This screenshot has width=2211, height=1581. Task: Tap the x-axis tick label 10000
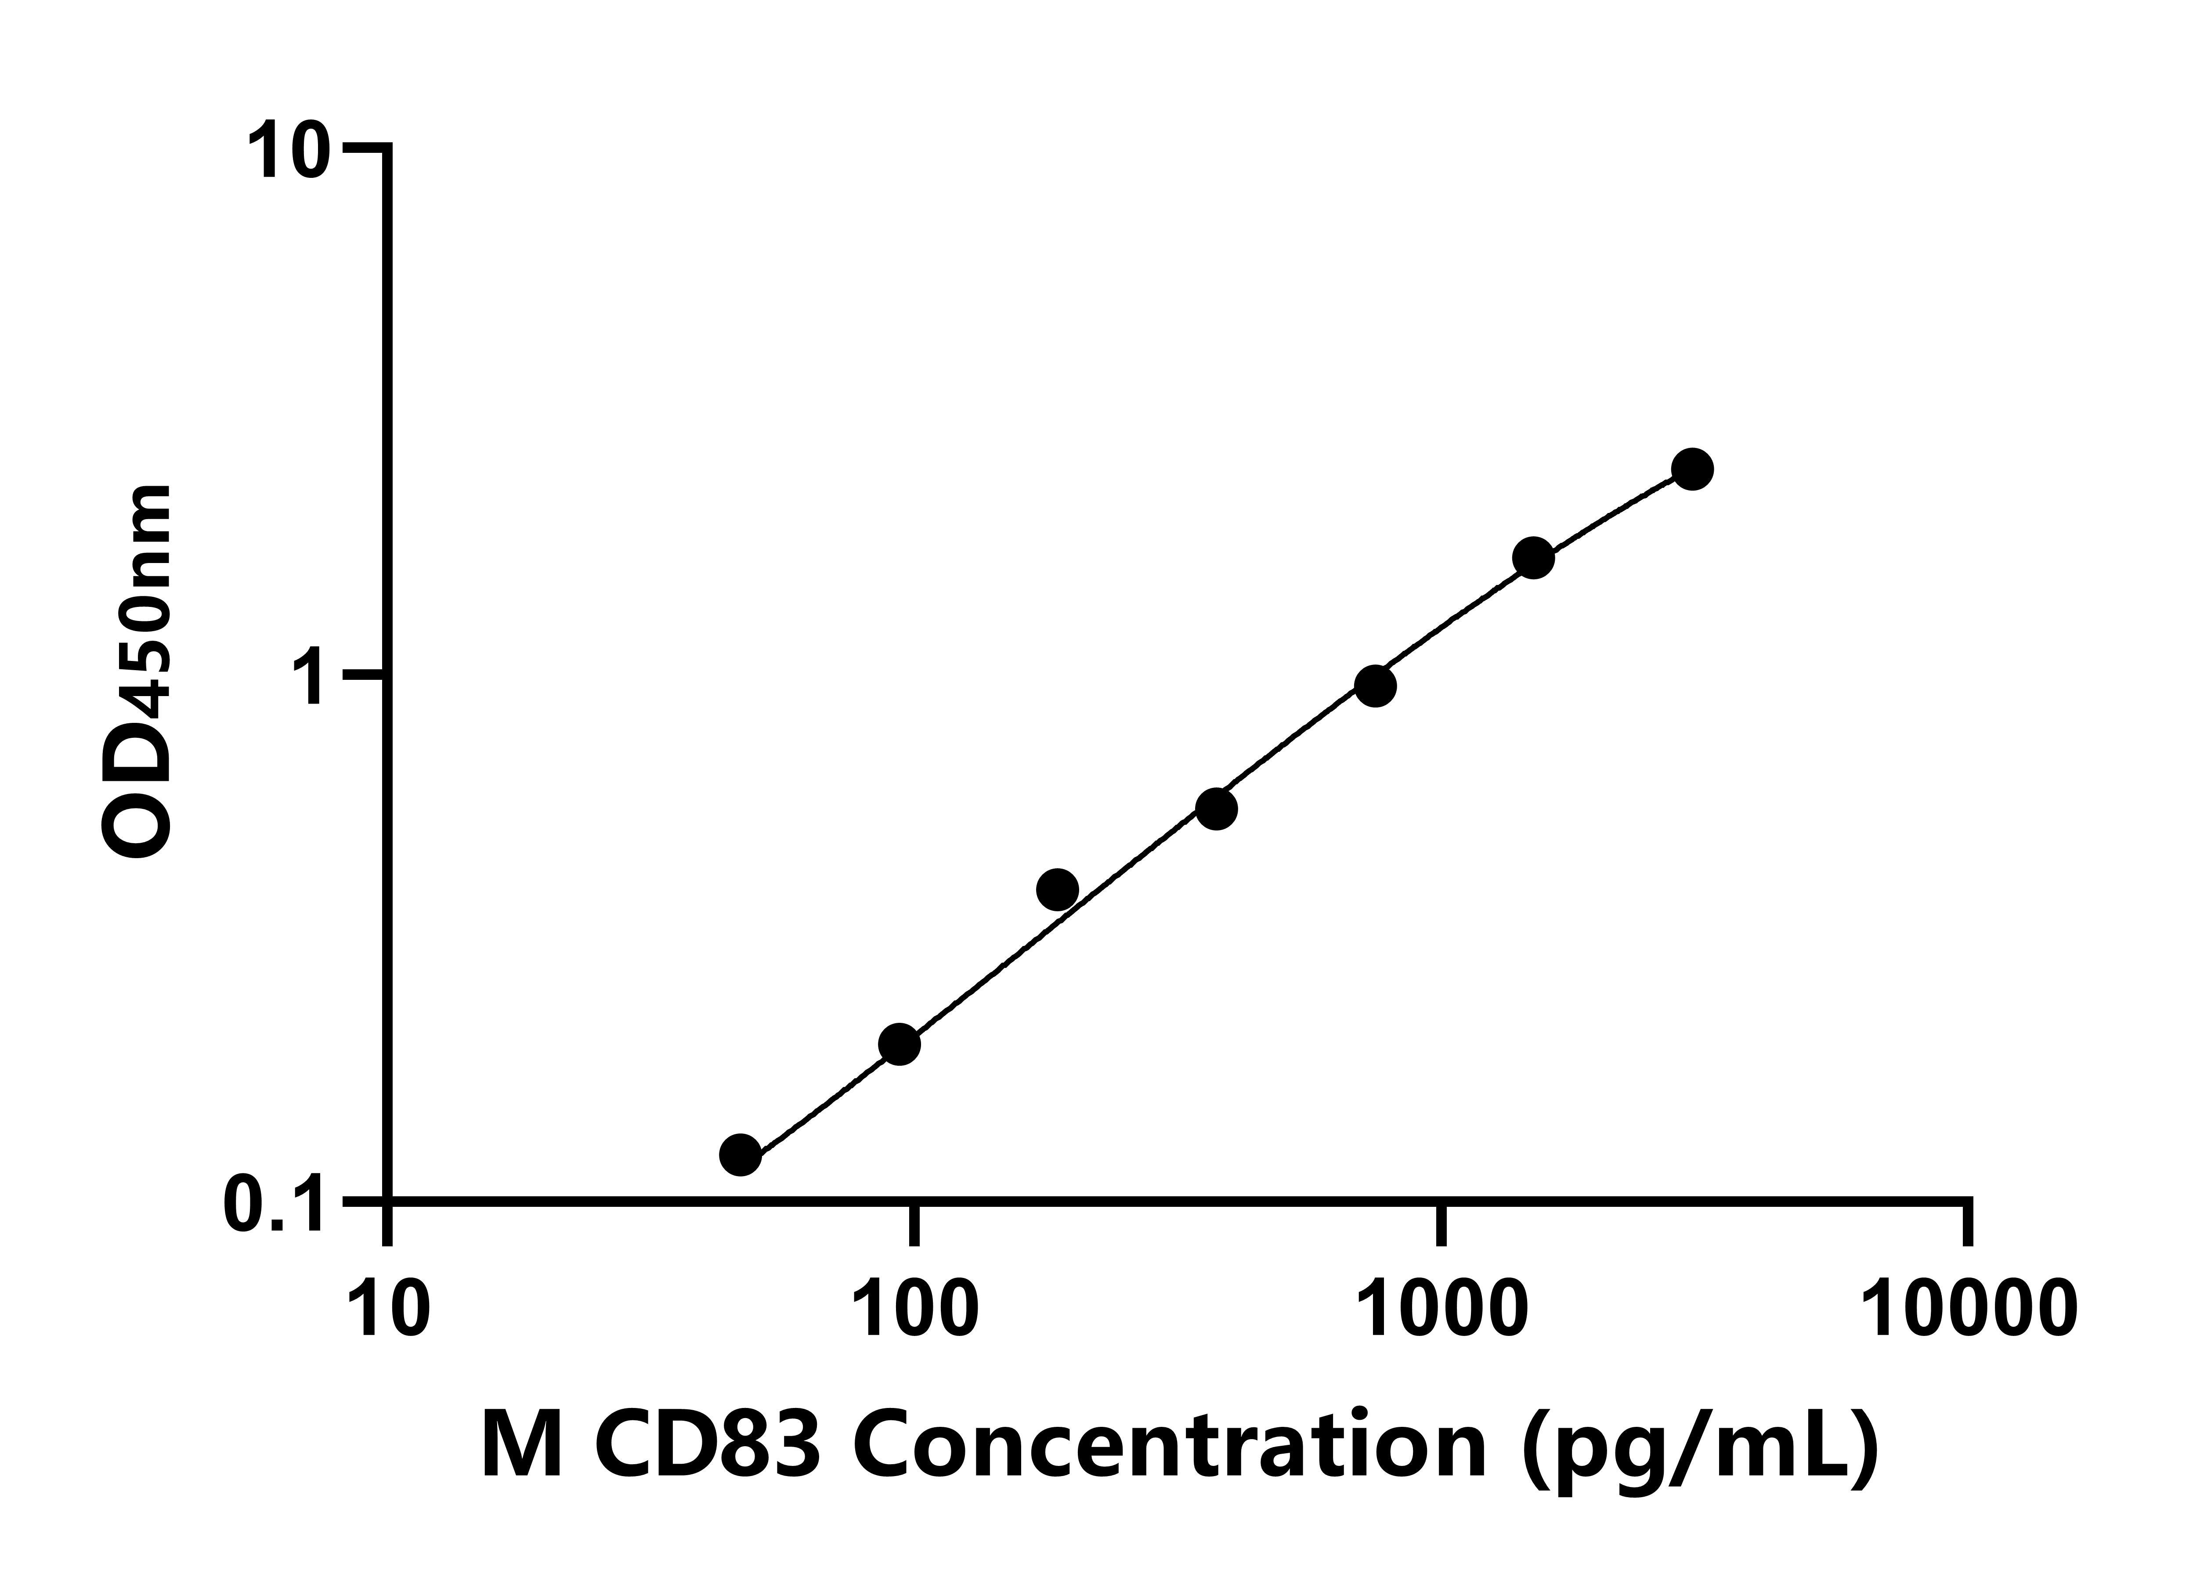point(1969,1310)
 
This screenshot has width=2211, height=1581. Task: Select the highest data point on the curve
point(1693,469)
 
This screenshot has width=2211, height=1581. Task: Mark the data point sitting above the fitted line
point(1057,889)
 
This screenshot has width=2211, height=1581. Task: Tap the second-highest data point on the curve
point(1533,558)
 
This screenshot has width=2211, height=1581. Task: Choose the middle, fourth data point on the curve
point(1216,808)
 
